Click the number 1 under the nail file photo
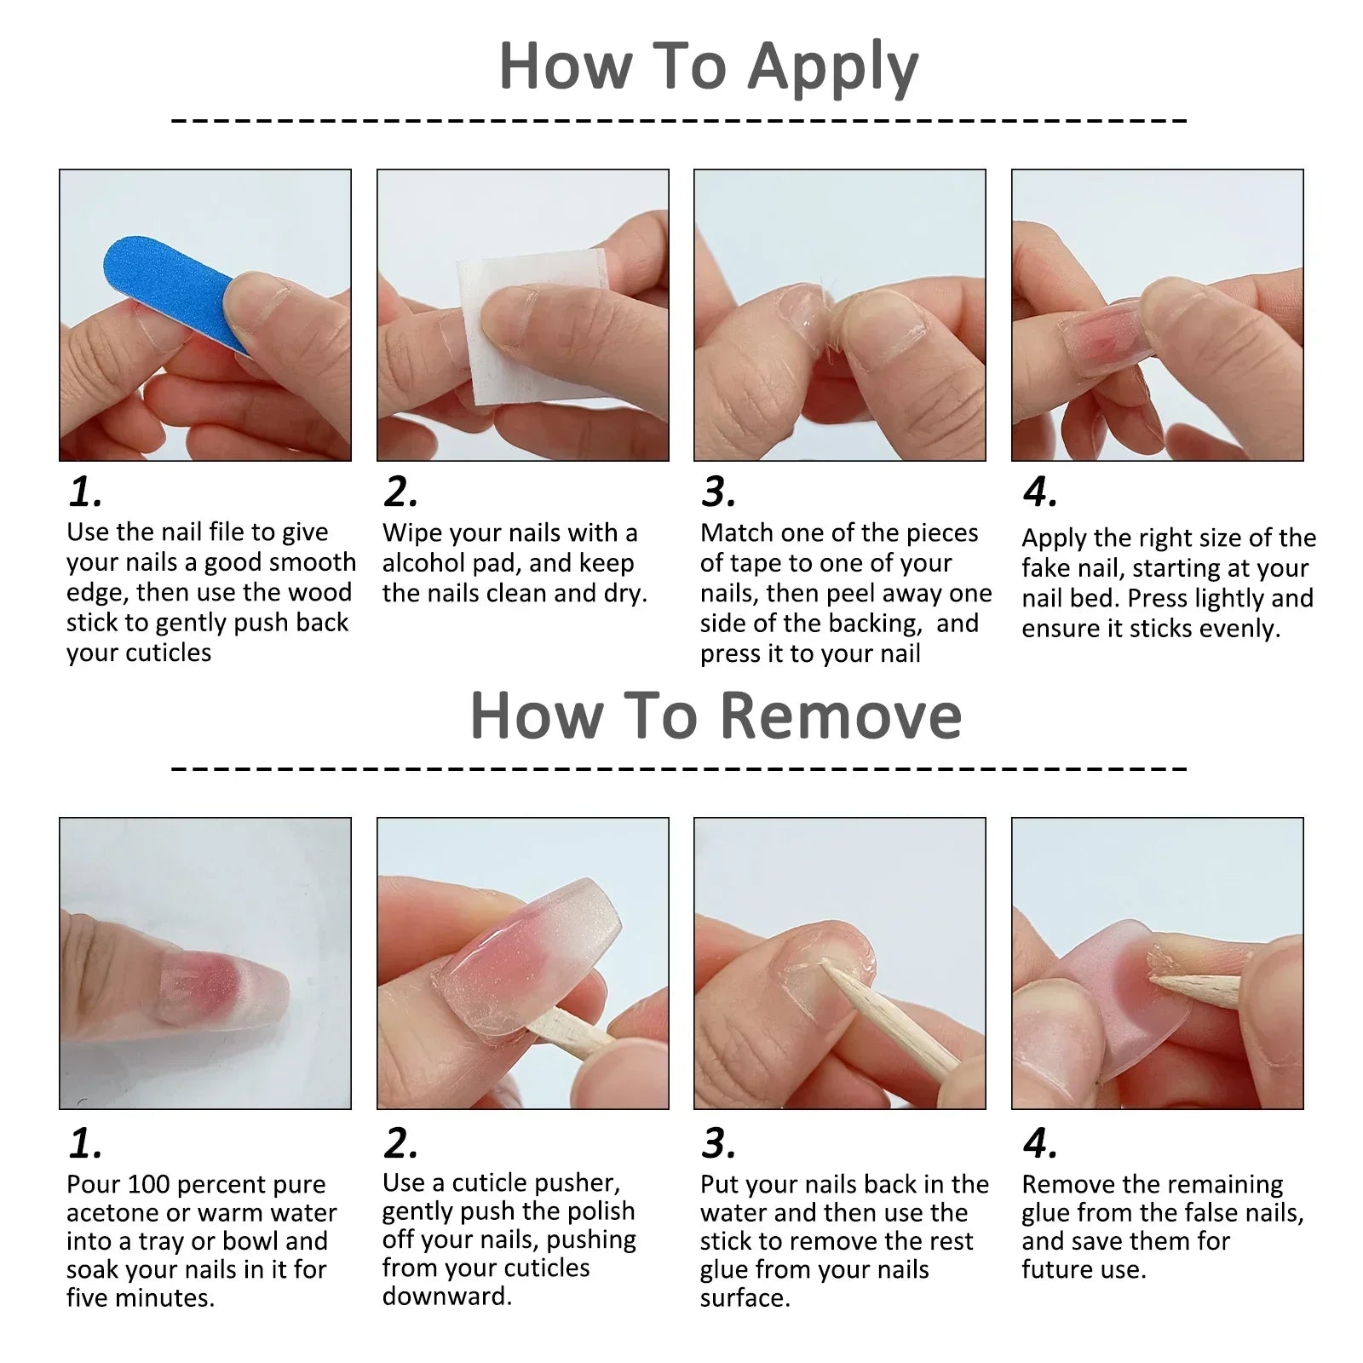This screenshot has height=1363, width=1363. click(x=85, y=492)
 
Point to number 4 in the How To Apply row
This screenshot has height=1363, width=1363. click(x=1039, y=492)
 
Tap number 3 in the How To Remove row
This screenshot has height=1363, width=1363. click(x=718, y=1143)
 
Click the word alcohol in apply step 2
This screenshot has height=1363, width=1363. click(x=423, y=563)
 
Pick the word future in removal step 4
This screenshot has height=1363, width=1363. click(x=1057, y=1269)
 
